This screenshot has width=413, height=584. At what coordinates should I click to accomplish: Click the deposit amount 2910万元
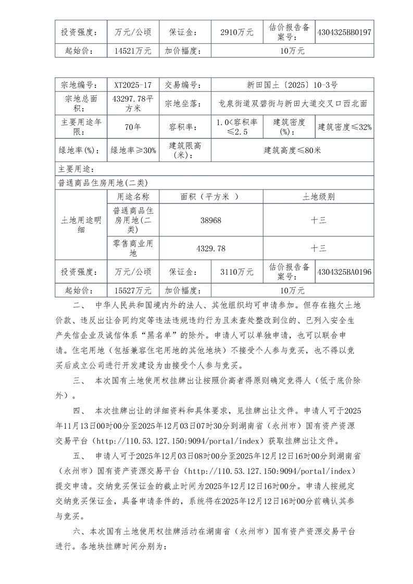237,32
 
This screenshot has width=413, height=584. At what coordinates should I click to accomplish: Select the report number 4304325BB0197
344,32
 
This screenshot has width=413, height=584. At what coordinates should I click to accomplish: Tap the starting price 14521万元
133,51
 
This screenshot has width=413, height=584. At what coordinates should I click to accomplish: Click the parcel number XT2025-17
133,85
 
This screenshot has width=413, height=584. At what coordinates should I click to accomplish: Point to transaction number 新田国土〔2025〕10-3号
292,85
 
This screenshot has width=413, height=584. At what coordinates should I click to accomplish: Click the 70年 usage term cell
133,126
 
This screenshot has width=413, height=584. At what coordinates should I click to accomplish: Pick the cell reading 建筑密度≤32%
345,126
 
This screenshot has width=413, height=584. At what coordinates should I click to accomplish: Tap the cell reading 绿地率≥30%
133,150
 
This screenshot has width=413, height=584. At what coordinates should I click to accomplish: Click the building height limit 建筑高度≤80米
292,150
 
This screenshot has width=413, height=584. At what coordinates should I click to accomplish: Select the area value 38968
210,220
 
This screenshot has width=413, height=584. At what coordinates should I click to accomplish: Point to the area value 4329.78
210,249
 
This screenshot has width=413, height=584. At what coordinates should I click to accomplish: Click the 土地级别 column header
319,197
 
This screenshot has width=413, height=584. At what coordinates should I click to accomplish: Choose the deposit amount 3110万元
237,272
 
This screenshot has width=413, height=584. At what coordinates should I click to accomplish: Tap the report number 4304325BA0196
344,272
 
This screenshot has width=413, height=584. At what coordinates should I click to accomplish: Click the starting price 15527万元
133,290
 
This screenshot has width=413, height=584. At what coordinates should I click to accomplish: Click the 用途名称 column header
133,197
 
